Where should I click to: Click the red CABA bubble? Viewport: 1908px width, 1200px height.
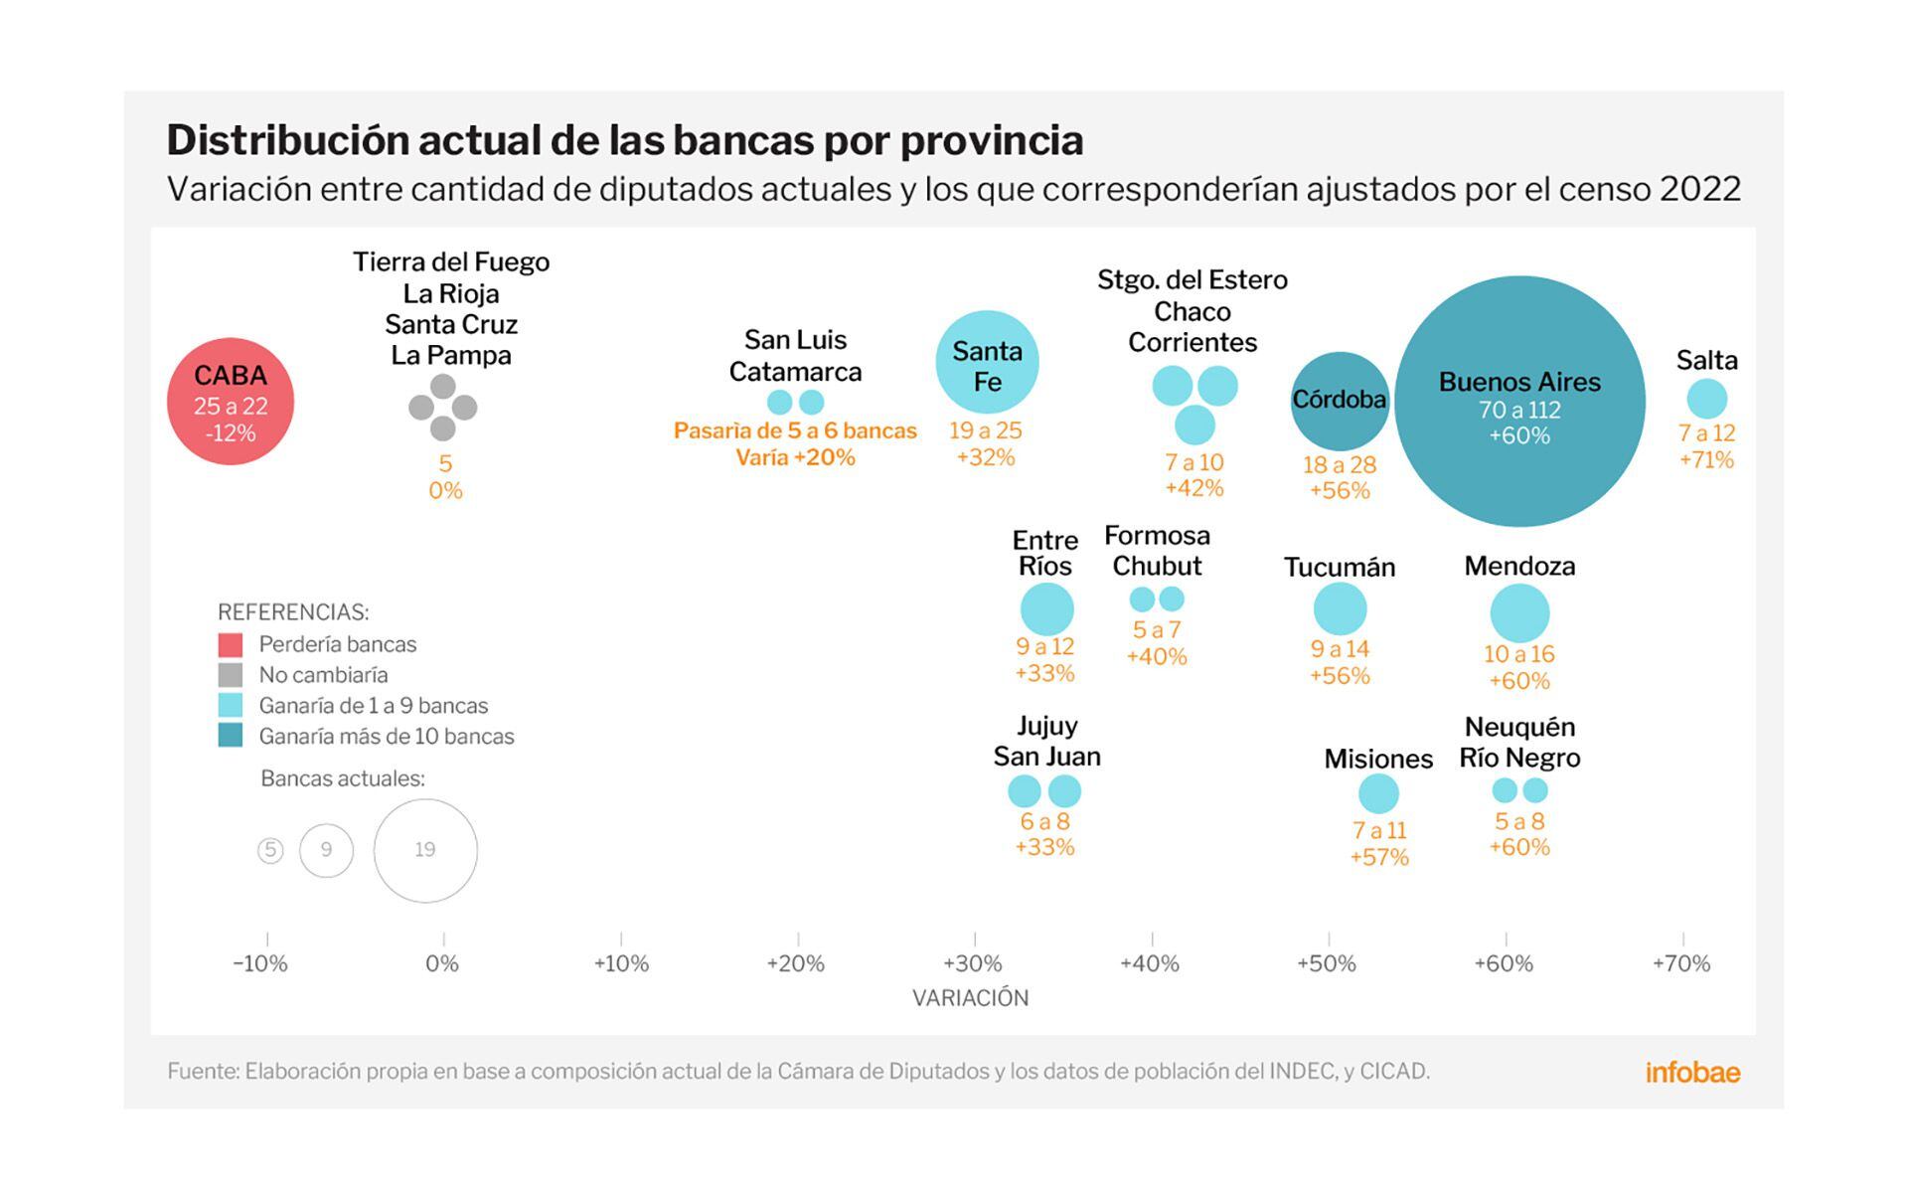pyautogui.click(x=231, y=402)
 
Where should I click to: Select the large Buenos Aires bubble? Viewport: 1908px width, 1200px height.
pyautogui.click(x=1519, y=402)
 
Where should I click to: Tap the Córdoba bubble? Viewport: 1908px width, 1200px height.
pyautogui.click(x=1340, y=401)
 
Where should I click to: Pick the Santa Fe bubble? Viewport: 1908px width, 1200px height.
pyautogui.click(x=987, y=362)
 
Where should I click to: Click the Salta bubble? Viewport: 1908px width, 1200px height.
pyautogui.click(x=1706, y=400)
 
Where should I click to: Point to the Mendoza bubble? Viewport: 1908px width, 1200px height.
pyautogui.click(x=1519, y=612)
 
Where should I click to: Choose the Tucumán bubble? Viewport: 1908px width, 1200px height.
pyautogui.click(x=1340, y=608)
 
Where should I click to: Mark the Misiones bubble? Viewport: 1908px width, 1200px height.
pyautogui.click(x=1378, y=793)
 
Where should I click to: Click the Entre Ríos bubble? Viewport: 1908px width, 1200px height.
pyautogui.click(x=1046, y=608)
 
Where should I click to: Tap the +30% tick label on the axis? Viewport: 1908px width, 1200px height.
pyautogui.click(x=973, y=963)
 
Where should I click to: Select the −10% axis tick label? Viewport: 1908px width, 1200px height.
pyautogui.click(x=260, y=963)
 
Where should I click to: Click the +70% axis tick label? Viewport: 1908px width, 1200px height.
pyautogui.click(x=1681, y=963)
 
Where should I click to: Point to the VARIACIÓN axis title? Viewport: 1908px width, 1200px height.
pyautogui.click(x=971, y=998)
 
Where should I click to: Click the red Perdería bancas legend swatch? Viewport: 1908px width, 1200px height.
pyautogui.click(x=231, y=644)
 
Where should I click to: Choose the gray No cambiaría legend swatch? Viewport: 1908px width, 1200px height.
pyautogui.click(x=231, y=675)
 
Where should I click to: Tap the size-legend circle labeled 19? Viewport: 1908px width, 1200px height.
pyautogui.click(x=425, y=850)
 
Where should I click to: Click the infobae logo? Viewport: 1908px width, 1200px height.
pyautogui.click(x=1692, y=1072)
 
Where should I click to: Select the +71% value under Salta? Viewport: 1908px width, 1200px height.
pyautogui.click(x=1706, y=459)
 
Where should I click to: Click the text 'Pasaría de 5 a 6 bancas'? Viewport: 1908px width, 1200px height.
pyautogui.click(x=795, y=430)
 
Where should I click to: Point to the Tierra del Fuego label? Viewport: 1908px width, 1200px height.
pyautogui.click(x=451, y=262)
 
